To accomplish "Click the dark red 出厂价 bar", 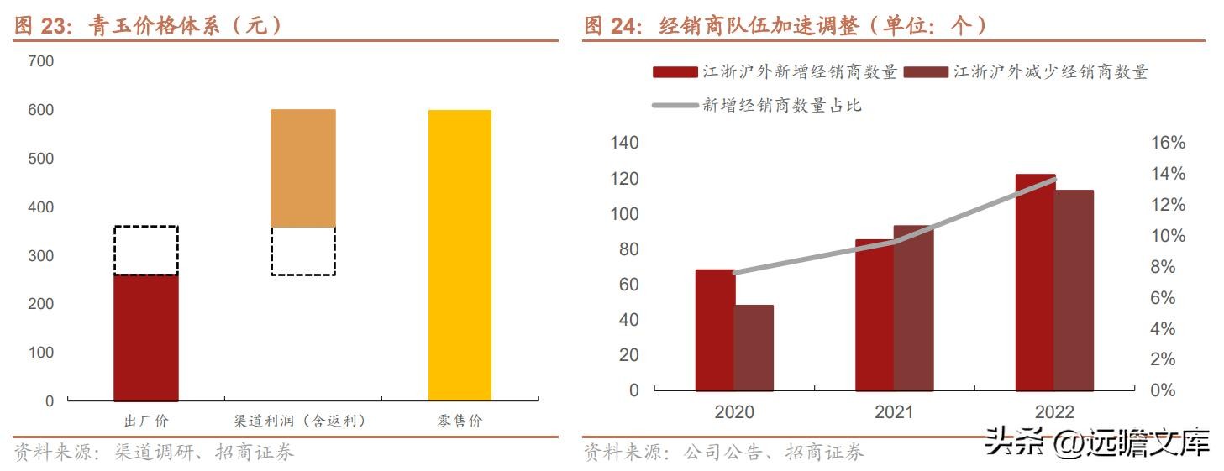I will (145, 338).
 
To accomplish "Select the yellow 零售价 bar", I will (460, 255).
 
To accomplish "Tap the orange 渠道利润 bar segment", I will (302, 168).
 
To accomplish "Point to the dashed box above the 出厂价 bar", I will (145, 250).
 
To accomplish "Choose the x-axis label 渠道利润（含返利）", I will (300, 421).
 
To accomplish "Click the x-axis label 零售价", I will (460, 421).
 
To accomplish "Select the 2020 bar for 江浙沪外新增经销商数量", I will (714, 330).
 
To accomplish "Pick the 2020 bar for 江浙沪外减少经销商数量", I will (754, 348).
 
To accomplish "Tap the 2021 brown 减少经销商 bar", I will (913, 308).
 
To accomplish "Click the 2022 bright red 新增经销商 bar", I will (1034, 282).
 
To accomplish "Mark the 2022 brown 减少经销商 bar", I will (1074, 290).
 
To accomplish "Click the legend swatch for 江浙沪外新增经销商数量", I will (675, 73).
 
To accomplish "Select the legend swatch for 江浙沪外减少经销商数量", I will (926, 73).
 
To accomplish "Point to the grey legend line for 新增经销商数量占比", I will (675, 106).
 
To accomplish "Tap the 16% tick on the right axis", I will (1167, 144).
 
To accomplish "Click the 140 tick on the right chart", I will (625, 144).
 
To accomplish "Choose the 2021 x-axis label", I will (894, 412).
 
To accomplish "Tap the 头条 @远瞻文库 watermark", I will (1096, 440).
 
